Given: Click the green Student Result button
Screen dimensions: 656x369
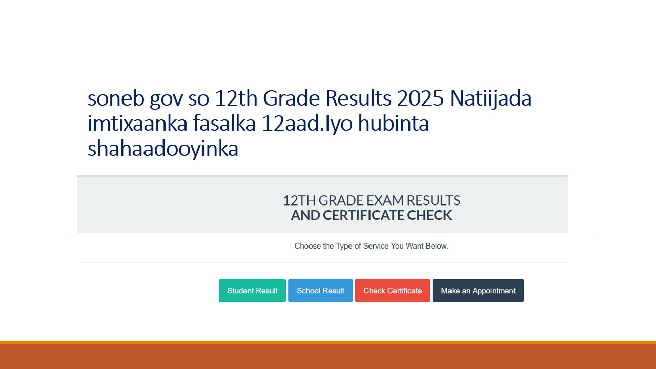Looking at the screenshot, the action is tap(252, 291).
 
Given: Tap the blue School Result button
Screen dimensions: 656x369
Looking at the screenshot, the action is tap(320, 291).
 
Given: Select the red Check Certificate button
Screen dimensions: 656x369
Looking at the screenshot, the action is tap(393, 291).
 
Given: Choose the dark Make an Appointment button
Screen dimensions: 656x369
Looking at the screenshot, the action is tap(478, 291).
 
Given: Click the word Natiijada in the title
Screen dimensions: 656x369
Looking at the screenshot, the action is tap(491, 99).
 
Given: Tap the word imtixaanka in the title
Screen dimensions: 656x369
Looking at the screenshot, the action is tap(137, 124).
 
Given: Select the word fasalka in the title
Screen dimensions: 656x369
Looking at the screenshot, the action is tap(224, 123).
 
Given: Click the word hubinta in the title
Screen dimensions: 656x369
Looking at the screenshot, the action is tap(394, 123).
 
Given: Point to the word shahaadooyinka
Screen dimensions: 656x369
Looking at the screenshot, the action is tap(163, 149).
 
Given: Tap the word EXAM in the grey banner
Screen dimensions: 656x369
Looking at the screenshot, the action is tap(385, 200).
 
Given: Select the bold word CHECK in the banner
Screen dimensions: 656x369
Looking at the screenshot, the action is tap(429, 215).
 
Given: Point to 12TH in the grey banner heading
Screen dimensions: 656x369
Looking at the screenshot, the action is tap(299, 200).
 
